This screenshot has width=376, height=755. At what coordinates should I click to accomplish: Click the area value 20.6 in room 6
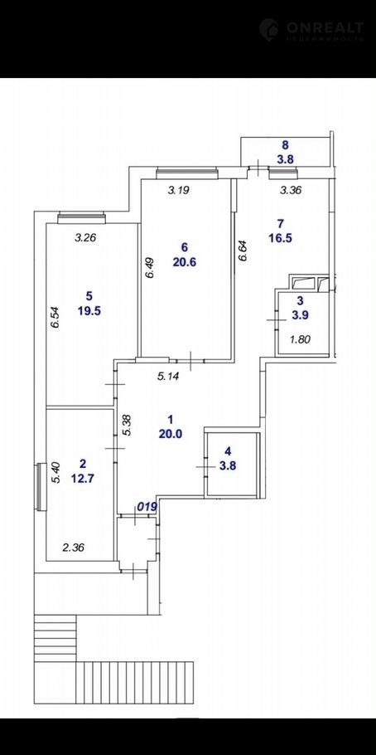pos(184,262)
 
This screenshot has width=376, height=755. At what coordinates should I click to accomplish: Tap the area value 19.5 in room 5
pos(89,310)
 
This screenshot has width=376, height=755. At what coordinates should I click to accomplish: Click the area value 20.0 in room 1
pos(171,433)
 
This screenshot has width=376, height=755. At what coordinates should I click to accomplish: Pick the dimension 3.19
pos(178,190)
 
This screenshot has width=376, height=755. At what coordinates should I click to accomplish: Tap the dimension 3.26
pos(86,237)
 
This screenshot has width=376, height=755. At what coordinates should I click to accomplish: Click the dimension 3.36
pos(291,190)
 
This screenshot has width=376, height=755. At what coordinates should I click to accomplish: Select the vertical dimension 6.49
pos(151,266)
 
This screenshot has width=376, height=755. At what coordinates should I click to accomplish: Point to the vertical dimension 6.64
pos(243,251)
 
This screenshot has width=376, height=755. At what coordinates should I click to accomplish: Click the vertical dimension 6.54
pos(56,317)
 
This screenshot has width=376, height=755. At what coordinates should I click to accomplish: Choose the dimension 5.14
pos(168,377)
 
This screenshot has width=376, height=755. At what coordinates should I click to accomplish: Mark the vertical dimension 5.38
pos(127,425)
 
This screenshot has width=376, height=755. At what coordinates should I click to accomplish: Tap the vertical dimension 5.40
pos(56,472)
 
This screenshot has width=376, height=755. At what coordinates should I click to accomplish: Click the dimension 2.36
pos(74,547)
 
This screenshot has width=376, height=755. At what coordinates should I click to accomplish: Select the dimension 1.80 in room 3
pos(301,339)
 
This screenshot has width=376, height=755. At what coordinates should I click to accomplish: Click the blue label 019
pos(147,507)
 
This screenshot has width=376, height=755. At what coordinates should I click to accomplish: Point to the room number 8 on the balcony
pos(285,144)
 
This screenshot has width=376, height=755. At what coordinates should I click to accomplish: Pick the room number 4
pos(228,451)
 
